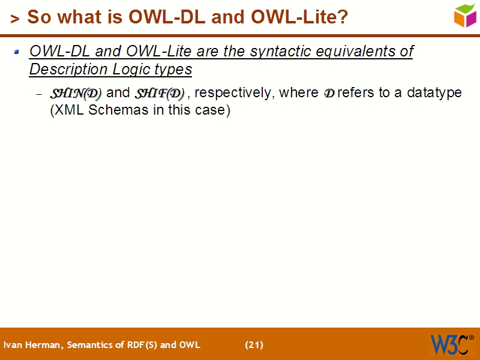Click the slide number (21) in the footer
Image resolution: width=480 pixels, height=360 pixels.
click(254, 345)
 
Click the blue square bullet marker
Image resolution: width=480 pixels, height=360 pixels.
click(17, 53)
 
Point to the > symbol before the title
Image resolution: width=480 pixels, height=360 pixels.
click(15, 19)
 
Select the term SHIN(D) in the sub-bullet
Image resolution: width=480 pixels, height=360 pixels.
click(76, 93)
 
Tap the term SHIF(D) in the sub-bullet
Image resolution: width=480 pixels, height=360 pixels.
click(159, 93)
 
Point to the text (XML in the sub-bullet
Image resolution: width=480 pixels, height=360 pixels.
click(65, 111)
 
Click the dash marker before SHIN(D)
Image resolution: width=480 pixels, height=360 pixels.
click(39, 94)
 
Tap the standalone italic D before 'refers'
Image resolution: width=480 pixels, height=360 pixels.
click(329, 94)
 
